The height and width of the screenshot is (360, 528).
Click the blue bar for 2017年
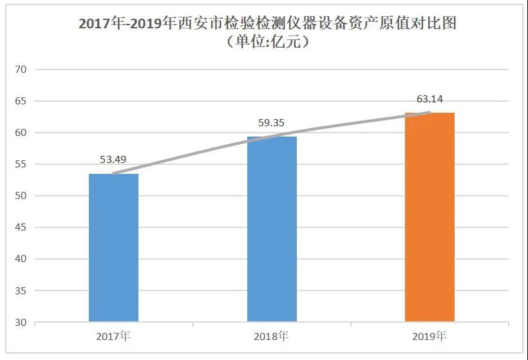[113, 248]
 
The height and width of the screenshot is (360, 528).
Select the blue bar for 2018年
[272, 229]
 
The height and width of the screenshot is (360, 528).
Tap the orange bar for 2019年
[429, 217]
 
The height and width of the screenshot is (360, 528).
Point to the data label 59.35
[271, 122]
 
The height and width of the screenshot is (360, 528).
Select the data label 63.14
[429, 99]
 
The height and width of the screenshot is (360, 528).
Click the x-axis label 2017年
[113, 336]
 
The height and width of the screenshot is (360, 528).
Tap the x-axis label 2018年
[272, 336]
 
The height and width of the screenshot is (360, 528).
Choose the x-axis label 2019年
[429, 336]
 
